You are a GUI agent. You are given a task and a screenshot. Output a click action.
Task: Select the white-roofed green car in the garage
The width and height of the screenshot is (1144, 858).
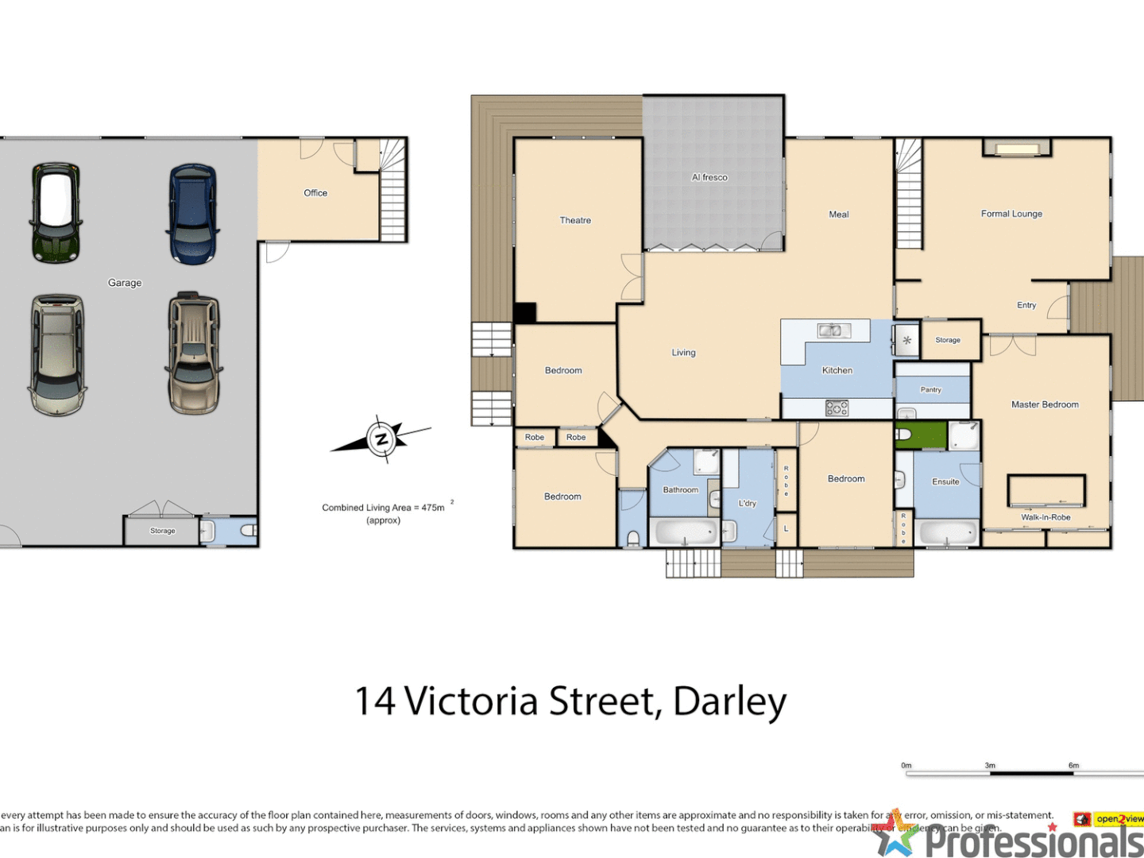click(56, 212)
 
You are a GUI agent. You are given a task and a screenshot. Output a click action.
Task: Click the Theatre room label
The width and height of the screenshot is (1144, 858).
click(575, 221)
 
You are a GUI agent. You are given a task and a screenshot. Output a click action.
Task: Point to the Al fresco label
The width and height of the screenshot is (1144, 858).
click(709, 177)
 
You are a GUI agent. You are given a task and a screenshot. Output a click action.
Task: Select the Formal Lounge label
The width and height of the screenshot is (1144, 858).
click(1011, 214)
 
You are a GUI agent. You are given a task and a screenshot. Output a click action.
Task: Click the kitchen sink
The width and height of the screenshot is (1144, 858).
click(833, 330)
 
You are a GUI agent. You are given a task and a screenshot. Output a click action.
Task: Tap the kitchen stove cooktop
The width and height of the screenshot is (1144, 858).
click(837, 408)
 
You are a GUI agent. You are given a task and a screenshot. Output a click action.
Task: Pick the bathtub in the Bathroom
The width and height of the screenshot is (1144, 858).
click(684, 532)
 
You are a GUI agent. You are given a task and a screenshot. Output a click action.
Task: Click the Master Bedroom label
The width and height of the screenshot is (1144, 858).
click(1045, 404)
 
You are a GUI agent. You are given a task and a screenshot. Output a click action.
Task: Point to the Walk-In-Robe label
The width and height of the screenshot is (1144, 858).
click(1045, 517)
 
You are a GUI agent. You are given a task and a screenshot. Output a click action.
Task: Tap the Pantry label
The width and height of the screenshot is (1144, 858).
click(930, 389)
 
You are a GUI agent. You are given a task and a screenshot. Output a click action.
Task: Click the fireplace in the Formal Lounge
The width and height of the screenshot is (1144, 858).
click(1017, 149)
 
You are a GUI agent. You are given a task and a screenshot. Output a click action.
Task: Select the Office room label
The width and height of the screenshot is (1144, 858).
click(315, 193)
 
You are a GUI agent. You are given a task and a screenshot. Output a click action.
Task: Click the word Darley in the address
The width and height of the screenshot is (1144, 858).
click(729, 701)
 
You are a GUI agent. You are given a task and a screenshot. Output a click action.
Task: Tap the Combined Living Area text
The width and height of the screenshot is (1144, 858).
click(383, 508)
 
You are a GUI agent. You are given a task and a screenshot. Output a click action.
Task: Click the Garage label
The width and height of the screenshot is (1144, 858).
click(125, 283)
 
